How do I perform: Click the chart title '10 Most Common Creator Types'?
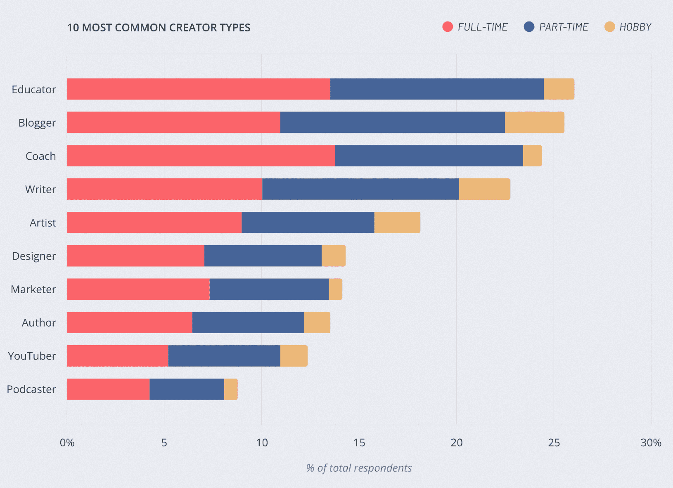pos(159,28)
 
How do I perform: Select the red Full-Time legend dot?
pos(448,27)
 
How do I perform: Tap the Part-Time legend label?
pos(563,27)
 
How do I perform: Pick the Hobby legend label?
pos(635,27)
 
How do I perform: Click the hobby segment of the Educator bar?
pos(559,89)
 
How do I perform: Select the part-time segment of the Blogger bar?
pos(392,123)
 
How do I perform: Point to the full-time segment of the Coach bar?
pos(201,156)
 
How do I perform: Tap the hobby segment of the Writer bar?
pos(484,189)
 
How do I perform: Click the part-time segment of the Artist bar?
pos(308,223)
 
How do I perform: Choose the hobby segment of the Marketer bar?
pos(335,289)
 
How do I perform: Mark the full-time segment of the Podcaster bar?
pos(108,389)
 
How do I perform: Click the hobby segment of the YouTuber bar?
pos(294,356)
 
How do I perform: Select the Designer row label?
pos(34,256)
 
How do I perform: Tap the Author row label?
pos(39,322)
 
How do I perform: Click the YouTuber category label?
pos(32,356)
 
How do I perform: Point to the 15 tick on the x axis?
pos(359,443)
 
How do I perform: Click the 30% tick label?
pos(651,443)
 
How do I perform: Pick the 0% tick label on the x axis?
pos(67,443)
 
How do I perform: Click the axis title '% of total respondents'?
pos(359,468)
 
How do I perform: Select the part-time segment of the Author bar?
pos(248,322)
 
